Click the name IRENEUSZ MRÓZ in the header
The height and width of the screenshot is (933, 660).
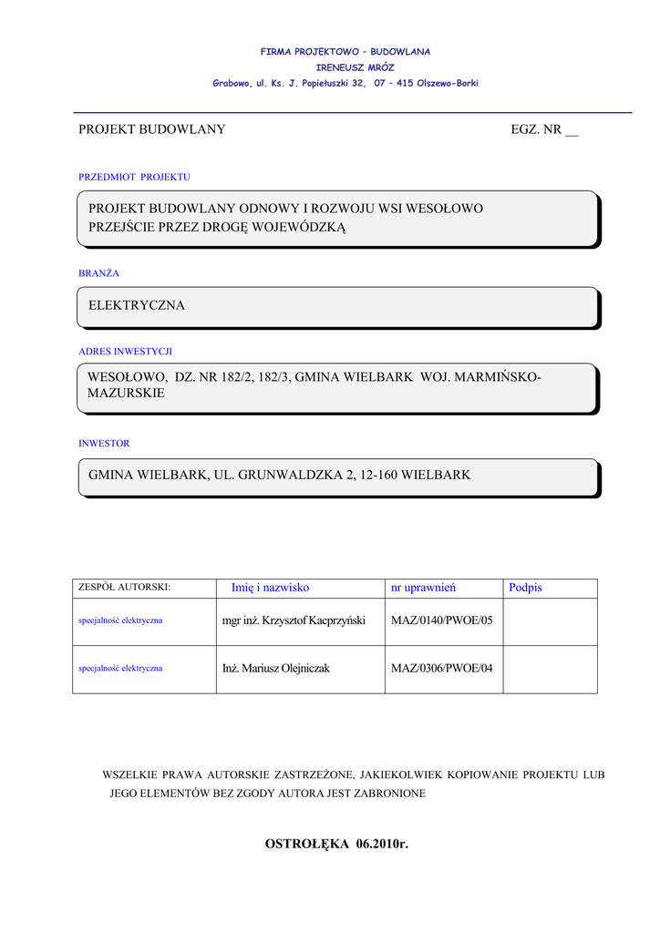click(355, 67)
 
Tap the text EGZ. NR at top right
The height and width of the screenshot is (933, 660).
click(537, 129)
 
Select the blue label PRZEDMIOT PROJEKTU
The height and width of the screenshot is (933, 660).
click(134, 177)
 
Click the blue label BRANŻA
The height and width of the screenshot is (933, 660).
click(98, 273)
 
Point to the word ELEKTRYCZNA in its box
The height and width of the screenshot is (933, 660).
click(137, 305)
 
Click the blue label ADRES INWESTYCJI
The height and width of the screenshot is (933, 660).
click(125, 351)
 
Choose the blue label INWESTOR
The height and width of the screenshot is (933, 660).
click(104, 444)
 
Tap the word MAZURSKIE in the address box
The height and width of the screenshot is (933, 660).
click(127, 394)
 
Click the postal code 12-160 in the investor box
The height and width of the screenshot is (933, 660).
click(380, 475)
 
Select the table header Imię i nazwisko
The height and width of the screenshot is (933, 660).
click(271, 588)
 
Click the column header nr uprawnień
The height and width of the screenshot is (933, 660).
click(423, 588)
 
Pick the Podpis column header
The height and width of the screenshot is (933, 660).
click(525, 588)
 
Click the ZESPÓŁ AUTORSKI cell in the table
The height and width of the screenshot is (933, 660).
click(125, 589)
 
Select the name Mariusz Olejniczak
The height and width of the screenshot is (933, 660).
click(285, 668)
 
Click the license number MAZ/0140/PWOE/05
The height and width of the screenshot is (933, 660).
click(441, 620)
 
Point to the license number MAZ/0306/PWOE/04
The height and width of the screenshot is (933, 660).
click(441, 668)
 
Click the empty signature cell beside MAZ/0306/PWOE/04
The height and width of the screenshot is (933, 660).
click(550, 669)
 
